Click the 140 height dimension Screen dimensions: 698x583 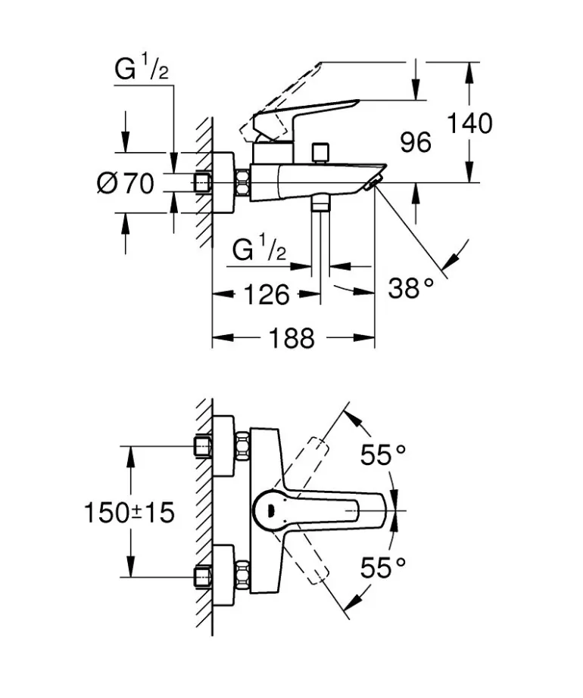point(469,123)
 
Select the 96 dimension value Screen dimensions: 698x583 point(416,141)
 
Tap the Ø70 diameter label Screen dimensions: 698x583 point(126,183)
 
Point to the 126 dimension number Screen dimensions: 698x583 point(267,294)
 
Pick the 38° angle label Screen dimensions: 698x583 point(413,287)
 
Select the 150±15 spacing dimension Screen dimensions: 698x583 point(129,512)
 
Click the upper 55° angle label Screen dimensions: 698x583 point(383,454)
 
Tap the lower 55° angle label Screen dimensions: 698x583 point(383,567)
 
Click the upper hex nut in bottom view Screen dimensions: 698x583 point(243,446)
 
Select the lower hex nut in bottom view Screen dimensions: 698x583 point(243,575)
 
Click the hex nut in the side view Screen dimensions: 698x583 point(243,183)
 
